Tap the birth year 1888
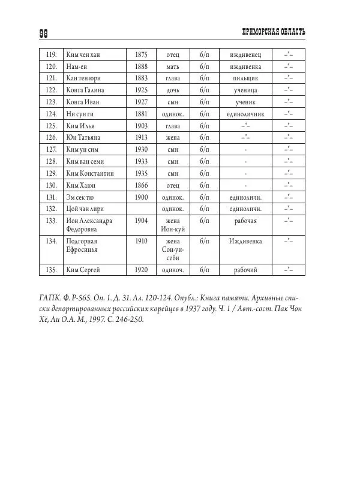point(142,67)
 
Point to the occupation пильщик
point(245,78)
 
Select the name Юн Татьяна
point(82,137)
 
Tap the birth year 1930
point(142,149)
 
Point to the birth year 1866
point(142,184)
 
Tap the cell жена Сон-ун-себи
point(173,249)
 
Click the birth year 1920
point(142,270)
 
